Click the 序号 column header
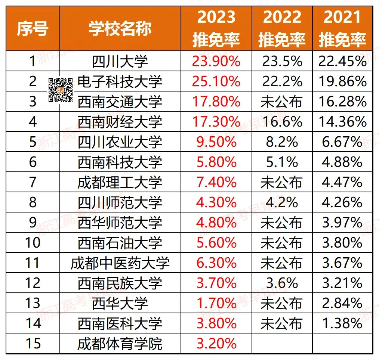33,29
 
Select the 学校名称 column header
120,29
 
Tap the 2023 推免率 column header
216,29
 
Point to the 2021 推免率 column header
342,29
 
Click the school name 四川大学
120,61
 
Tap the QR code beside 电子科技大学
61,90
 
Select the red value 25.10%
216,81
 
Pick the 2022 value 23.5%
282,61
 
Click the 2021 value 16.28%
342,102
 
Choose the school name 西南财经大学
120,122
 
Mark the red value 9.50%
216,142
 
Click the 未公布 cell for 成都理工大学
282,182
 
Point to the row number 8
33,202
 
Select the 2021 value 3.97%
342,223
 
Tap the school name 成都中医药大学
120,263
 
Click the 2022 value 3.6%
282,283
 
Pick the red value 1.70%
216,303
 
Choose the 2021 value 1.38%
342,323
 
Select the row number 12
33,283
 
